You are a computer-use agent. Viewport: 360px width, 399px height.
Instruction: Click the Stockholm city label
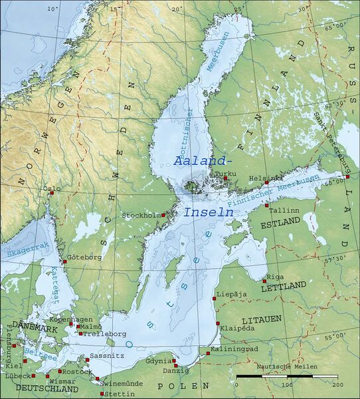141,215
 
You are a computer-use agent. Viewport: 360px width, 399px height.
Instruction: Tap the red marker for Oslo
51,194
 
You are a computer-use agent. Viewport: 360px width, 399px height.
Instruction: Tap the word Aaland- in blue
203,161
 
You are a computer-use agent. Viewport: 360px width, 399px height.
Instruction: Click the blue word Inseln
208,213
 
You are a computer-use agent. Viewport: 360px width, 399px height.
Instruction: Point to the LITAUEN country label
262,319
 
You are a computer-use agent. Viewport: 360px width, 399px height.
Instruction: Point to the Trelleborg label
104,333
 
